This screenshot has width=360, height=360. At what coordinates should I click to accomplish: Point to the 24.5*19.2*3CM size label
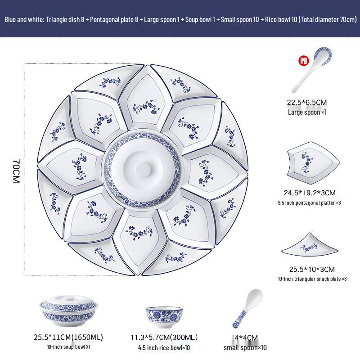310,193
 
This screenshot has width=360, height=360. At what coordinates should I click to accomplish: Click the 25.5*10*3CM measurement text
312,270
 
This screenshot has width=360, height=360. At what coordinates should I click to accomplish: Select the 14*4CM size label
245,338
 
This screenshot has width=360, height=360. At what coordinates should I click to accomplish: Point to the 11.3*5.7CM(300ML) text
164,337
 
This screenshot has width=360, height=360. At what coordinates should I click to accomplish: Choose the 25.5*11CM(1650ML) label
68,337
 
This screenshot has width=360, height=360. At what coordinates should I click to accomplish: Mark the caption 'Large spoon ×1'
307,112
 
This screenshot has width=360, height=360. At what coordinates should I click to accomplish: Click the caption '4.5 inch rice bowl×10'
165,347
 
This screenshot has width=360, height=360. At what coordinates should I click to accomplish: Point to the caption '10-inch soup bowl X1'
69,347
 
